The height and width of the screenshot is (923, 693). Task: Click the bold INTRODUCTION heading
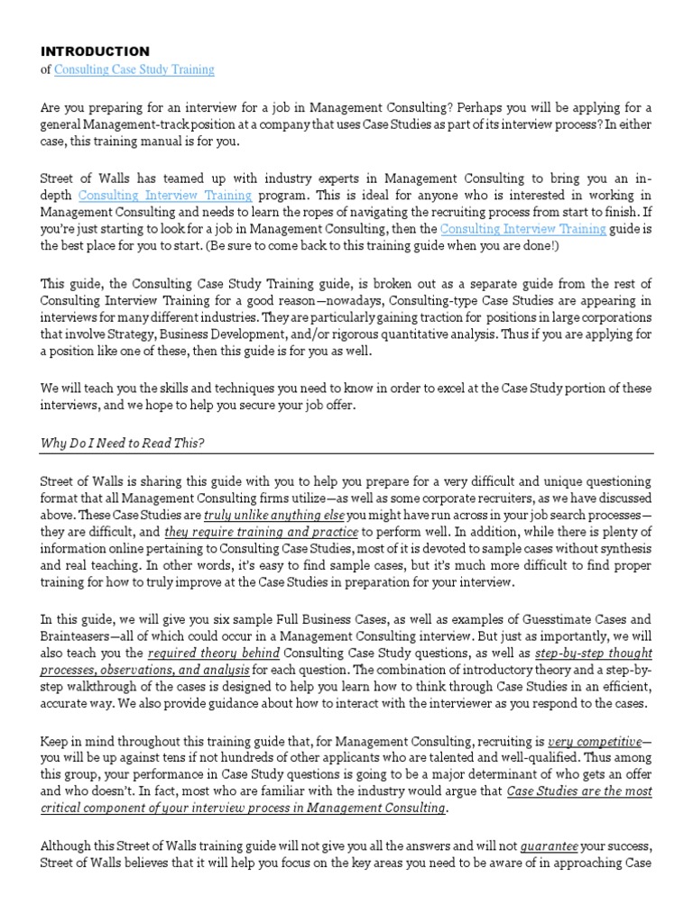tap(95, 51)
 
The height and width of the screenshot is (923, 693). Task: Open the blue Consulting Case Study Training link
tap(134, 69)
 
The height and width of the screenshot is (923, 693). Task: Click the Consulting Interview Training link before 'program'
tap(166, 195)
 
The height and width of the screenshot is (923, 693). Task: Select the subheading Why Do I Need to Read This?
tap(126, 443)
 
